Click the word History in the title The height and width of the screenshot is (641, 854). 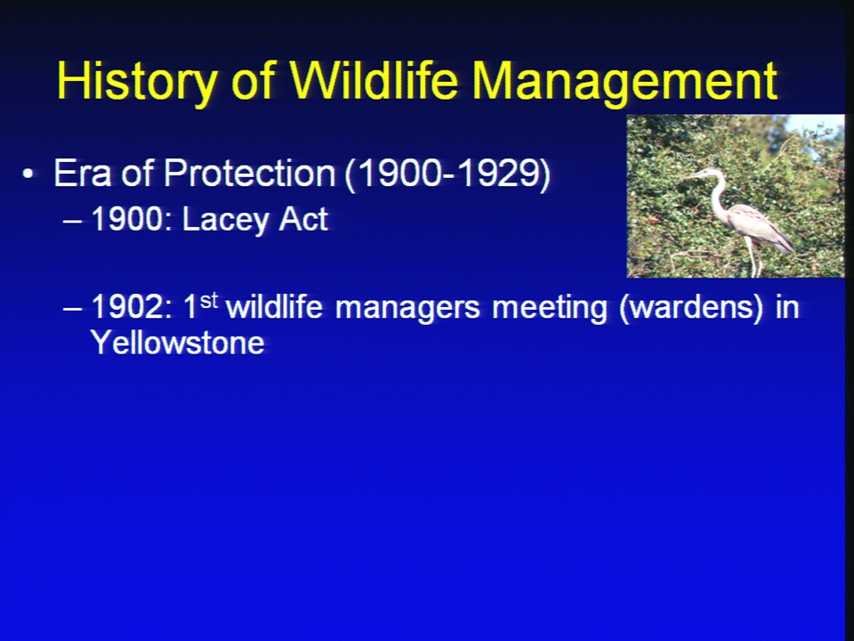[x=137, y=81]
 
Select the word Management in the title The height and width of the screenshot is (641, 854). [x=624, y=82]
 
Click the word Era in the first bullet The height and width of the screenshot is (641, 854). [x=82, y=174]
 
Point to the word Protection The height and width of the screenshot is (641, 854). [x=249, y=174]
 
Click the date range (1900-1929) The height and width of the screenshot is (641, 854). [x=447, y=174]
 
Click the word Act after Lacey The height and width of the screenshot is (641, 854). [x=303, y=220]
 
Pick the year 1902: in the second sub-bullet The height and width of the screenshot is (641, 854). [x=132, y=307]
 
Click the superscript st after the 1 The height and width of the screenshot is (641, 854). [x=209, y=300]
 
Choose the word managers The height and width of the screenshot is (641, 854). [x=407, y=307]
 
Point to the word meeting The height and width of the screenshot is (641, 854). [x=550, y=307]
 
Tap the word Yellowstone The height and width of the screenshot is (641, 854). [x=178, y=343]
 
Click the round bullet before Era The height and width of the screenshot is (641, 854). [x=28, y=174]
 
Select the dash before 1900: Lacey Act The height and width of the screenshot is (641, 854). [x=73, y=222]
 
